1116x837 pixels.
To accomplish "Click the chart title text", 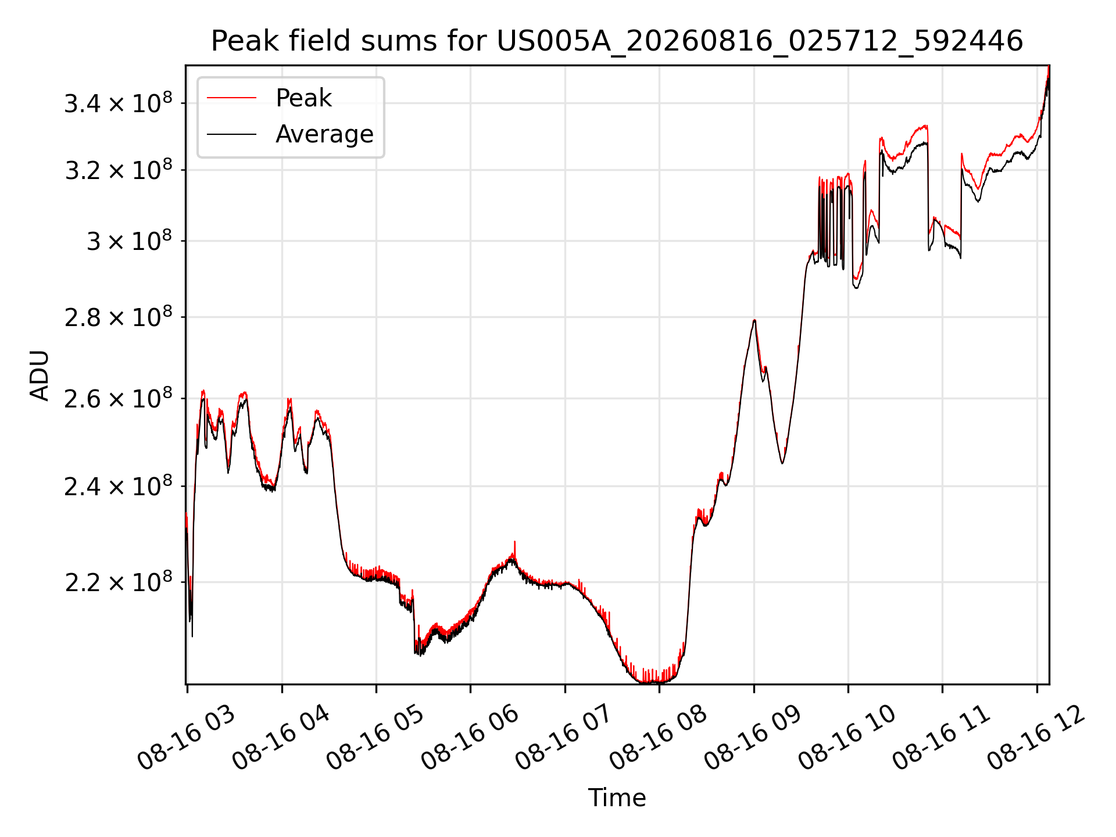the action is pos(617,41).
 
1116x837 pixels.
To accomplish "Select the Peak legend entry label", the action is pos(303,98).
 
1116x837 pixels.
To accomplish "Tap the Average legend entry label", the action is pos(324,134).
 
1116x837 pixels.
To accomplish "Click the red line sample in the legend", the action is pos(231,98).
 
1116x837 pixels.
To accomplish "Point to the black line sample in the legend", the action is pos(231,134).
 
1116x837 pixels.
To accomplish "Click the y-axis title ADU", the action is pos(40,375).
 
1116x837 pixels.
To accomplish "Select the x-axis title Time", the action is pos(617,797).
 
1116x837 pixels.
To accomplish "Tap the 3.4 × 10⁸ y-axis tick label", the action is pos(118,103).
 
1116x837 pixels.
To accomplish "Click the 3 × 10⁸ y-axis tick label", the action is pos(130,240).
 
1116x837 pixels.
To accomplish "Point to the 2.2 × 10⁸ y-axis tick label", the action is pos(118,581).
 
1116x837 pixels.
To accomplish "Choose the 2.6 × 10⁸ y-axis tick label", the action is pos(118,398).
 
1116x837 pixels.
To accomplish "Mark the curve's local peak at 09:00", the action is pos(754,320).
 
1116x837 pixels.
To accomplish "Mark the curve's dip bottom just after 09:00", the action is pos(782,463).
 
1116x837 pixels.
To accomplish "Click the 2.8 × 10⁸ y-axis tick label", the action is pos(118,317).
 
